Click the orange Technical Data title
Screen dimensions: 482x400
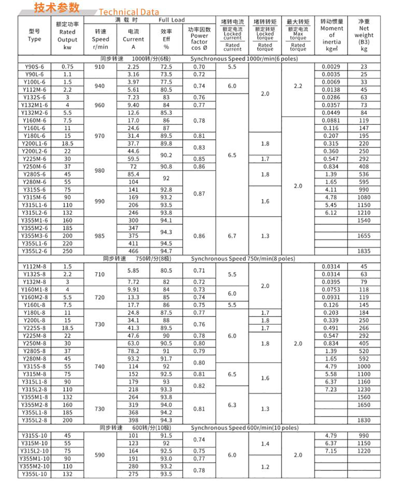129,12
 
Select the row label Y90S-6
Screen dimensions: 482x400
34,67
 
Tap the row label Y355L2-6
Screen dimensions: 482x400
34,251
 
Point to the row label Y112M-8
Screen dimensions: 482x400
34,267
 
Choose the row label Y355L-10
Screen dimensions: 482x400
34,474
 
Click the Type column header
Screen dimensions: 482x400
34,36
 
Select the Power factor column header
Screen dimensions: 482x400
199,39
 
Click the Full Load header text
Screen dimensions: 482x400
172,20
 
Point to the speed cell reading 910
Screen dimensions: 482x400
100,67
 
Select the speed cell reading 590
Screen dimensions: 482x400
100,455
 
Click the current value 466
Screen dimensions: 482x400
133,251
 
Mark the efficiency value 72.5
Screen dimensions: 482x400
166,67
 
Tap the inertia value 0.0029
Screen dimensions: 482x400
331,67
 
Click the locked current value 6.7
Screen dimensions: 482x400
232,236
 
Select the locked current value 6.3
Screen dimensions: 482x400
232,405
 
